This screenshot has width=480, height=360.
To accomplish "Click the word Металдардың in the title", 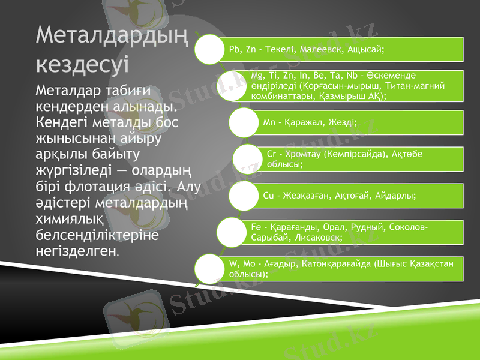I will coord(112,35).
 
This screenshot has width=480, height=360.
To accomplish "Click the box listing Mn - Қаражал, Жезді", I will coord(360,122).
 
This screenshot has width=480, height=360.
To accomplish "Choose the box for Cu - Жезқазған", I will coord(360,196).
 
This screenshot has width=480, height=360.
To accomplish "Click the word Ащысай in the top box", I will coord(367,49).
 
